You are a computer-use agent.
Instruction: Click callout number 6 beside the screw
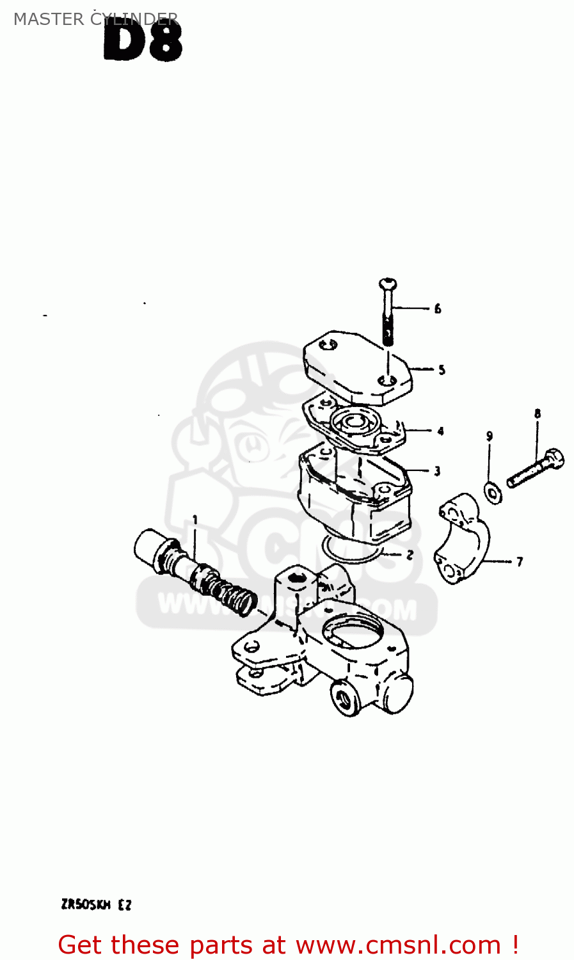coord(438,309)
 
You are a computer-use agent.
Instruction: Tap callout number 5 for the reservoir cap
coord(442,370)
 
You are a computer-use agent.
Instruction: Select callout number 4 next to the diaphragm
coord(440,431)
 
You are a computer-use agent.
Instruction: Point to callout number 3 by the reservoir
coord(437,472)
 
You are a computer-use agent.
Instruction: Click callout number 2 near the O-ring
coord(410,555)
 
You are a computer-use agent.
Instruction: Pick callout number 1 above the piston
coord(195,520)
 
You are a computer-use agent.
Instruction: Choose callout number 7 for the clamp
coord(520,562)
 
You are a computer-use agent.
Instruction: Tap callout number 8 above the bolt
coord(538,414)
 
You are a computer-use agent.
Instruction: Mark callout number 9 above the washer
coord(490,436)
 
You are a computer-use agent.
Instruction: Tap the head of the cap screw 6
coord(388,284)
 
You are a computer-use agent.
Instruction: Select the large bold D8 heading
coord(143,40)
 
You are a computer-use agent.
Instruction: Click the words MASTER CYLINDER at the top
coord(95,19)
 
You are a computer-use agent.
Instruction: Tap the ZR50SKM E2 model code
coord(96,905)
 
